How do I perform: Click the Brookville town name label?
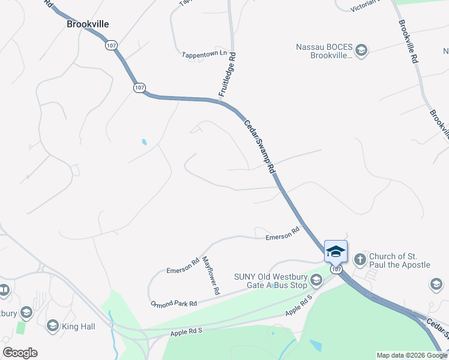click(88, 24)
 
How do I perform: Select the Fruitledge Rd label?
click(227, 75)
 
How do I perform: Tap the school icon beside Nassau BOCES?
click(361, 50)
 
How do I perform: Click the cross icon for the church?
click(360, 260)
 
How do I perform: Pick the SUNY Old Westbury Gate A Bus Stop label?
click(270, 281)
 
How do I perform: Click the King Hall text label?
click(79, 326)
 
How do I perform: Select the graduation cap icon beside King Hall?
click(52, 326)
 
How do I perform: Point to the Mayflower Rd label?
click(210, 275)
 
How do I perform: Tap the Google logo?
click(20, 353)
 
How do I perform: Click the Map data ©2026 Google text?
click(412, 355)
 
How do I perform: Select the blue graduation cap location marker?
click(336, 251)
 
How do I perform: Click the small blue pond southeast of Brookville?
click(144, 142)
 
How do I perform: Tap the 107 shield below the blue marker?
click(336, 269)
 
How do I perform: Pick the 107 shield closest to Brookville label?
click(110, 45)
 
